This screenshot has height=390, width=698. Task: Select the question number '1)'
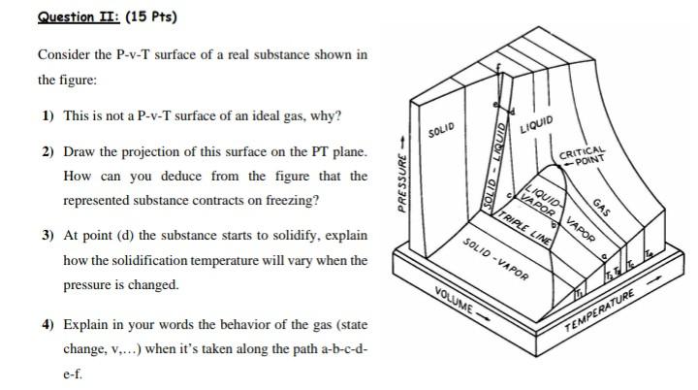coord(48,116)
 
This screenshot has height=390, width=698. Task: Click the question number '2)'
coord(48,153)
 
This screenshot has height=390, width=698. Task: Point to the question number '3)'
coord(48,236)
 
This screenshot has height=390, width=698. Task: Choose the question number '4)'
coord(48,323)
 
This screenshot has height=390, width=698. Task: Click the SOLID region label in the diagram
coord(441,130)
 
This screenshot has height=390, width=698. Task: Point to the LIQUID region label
coord(536,124)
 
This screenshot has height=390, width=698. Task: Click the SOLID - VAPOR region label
coord(494,258)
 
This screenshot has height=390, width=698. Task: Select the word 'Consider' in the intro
coord(65,54)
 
